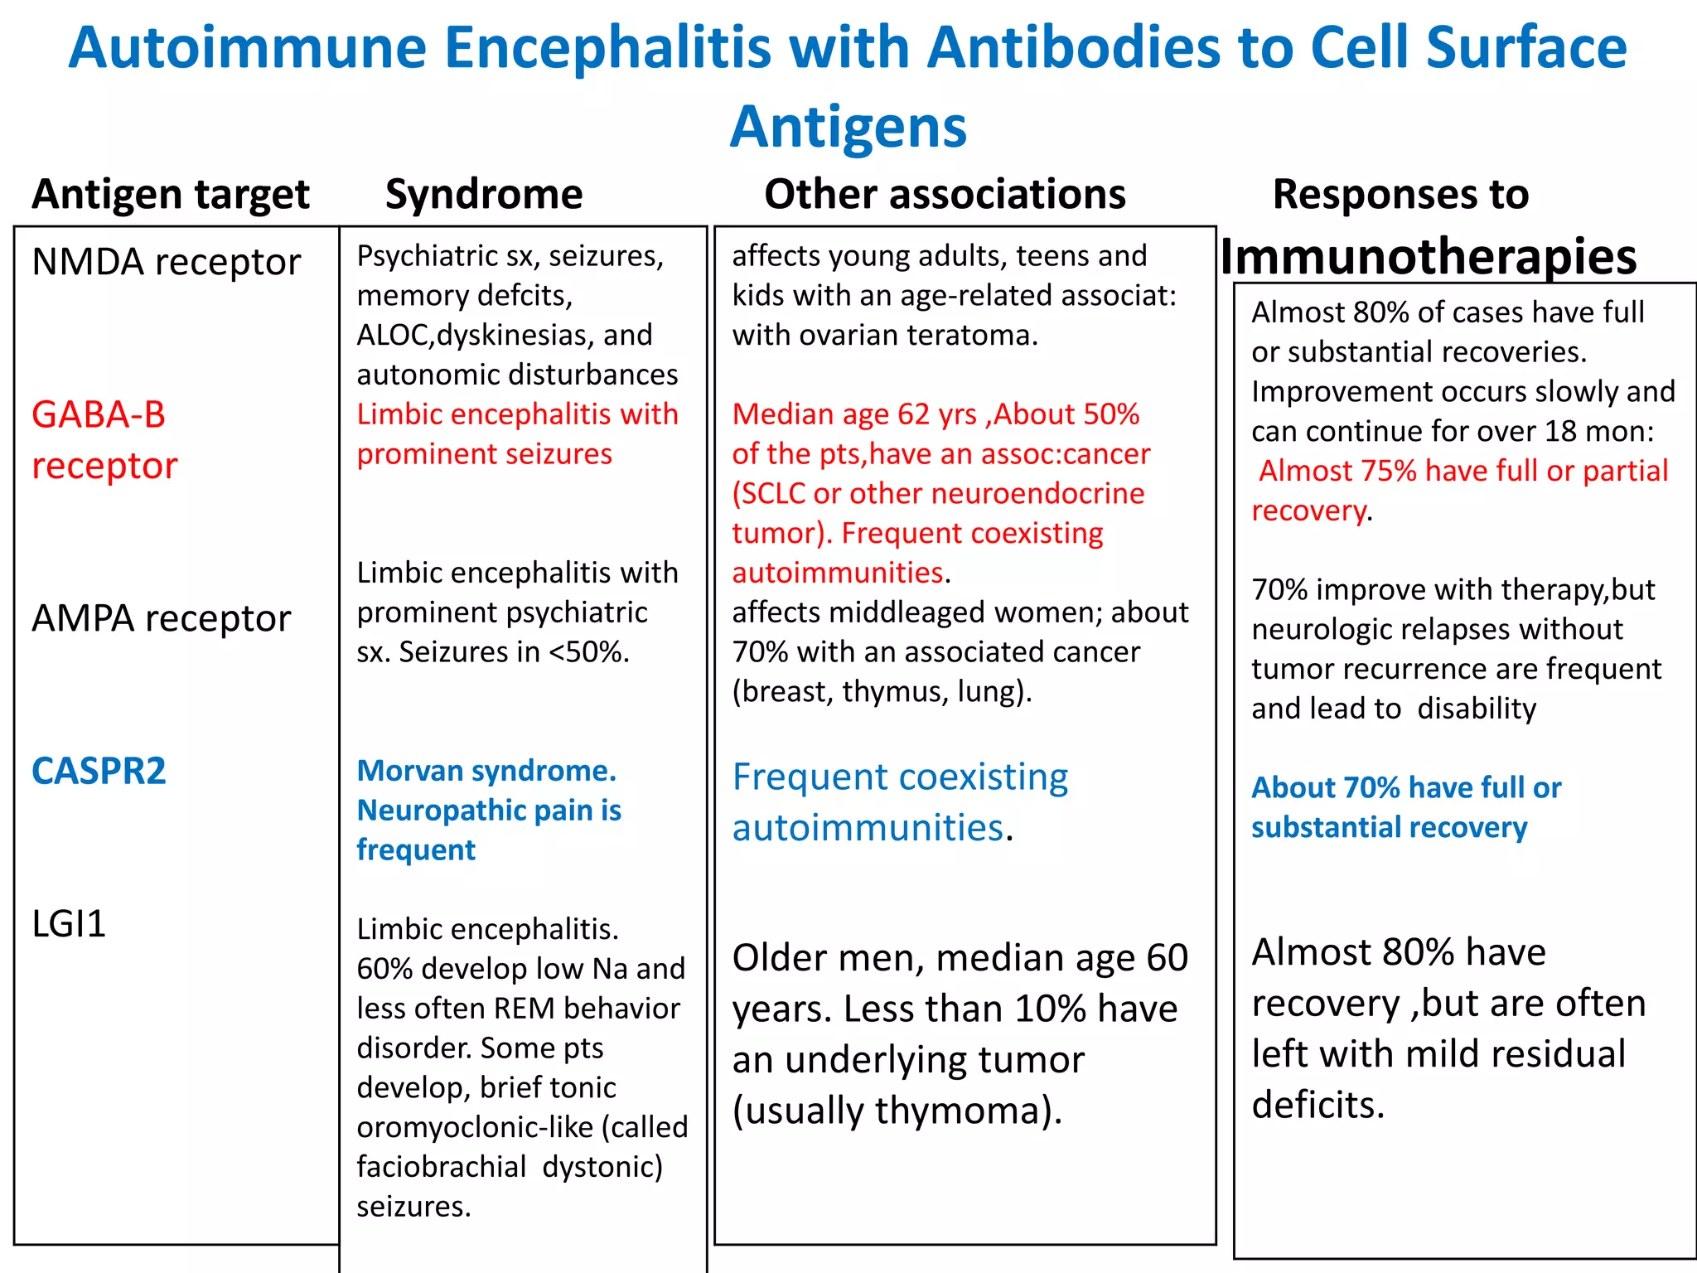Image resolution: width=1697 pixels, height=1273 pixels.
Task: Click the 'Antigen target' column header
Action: [171, 195]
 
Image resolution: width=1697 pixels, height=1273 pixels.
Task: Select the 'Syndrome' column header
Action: [484, 195]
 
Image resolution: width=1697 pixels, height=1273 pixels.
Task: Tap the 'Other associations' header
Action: [945, 195]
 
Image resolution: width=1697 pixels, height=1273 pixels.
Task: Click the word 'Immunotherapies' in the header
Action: [1429, 257]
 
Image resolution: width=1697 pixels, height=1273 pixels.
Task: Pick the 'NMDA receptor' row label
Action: [166, 263]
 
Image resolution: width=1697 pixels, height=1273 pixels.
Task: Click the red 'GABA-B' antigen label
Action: [99, 414]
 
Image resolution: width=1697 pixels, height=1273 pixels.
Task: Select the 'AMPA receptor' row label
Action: [162, 619]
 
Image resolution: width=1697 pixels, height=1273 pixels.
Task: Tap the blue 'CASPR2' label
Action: [99, 772]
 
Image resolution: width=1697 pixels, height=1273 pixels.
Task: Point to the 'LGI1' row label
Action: [69, 924]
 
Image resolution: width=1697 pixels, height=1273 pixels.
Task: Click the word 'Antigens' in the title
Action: [848, 127]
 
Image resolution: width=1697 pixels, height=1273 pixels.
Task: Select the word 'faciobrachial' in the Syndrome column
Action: [442, 1167]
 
